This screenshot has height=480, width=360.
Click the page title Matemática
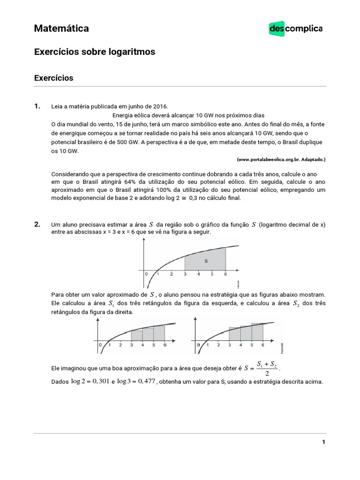(61, 29)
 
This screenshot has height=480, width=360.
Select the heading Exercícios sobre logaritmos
(94, 52)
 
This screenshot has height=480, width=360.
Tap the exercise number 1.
(37, 106)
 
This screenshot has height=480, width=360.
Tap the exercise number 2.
(37, 225)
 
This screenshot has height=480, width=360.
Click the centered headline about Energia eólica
(188, 115)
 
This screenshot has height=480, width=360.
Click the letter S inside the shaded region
(206, 260)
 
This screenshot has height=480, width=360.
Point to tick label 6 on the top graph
(225, 274)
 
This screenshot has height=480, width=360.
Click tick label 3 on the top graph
(185, 274)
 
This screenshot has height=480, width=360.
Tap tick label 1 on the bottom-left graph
(109, 345)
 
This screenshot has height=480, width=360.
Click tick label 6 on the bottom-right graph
(263, 345)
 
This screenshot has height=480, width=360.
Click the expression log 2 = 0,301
(90, 381)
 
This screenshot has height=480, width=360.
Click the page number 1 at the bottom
(323, 442)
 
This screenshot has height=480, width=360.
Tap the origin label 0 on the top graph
(146, 274)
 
